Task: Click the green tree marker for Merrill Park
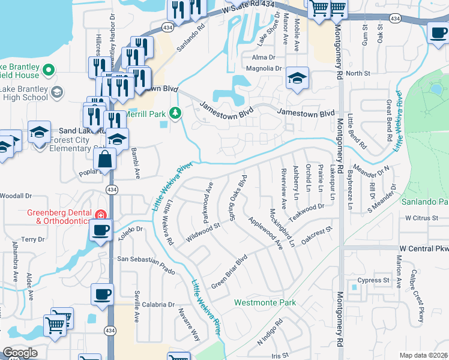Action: pyautogui.click(x=175, y=112)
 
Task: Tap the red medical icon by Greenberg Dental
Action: pyautogui.click(x=101, y=214)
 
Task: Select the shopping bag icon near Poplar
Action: pyautogui.click(x=105, y=160)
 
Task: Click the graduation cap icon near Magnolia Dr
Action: pyautogui.click(x=297, y=78)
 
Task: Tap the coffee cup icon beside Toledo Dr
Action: pyautogui.click(x=101, y=229)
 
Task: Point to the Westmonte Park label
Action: pyautogui.click(x=265, y=303)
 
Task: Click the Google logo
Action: pyautogui.click(x=20, y=353)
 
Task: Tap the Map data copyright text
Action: pyautogui.click(x=423, y=355)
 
